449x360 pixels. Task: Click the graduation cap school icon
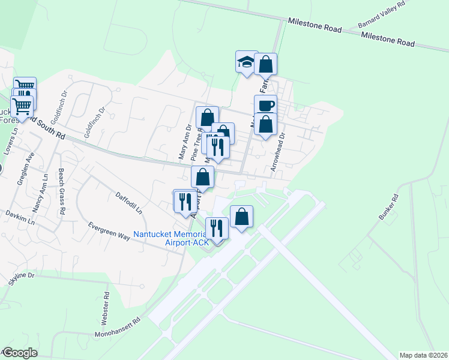point(246,61)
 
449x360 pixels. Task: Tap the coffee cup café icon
point(265,106)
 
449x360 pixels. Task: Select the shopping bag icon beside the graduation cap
point(265,64)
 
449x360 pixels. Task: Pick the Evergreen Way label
point(109,231)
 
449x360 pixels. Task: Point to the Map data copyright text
point(424,355)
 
